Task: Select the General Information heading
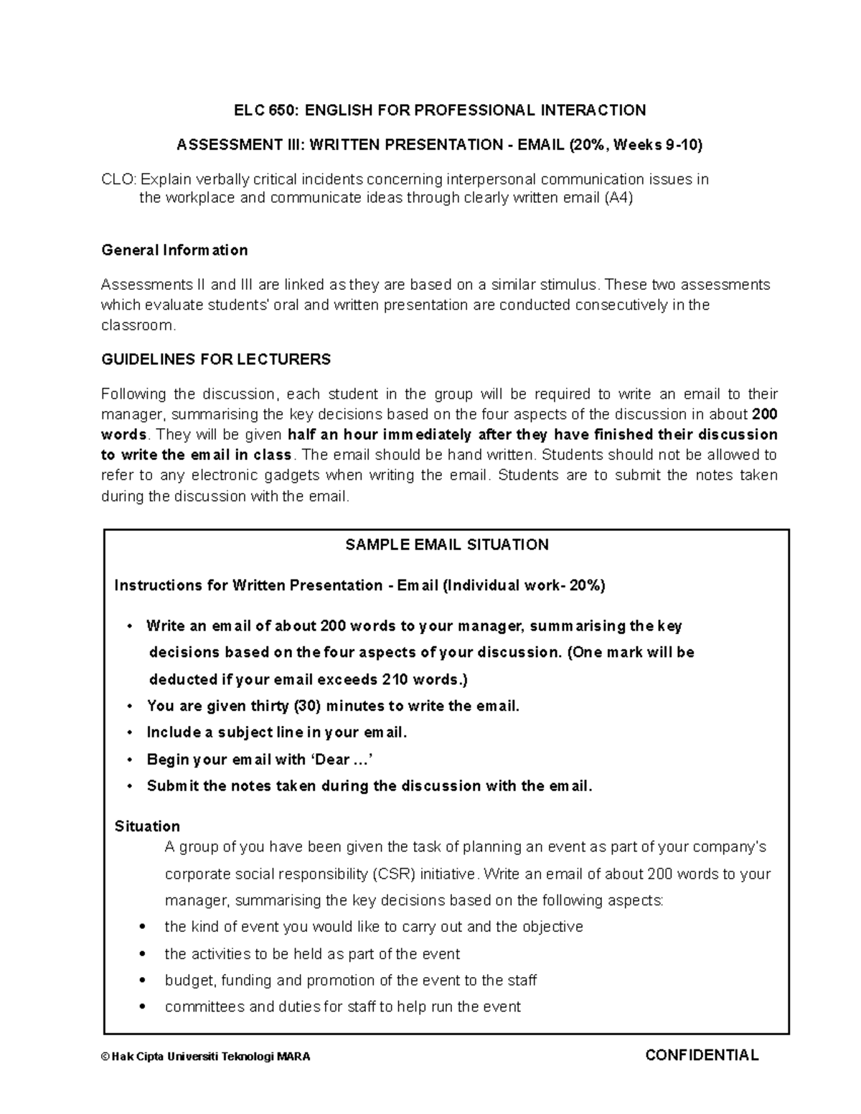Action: pos(174,250)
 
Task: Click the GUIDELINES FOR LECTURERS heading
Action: pos(216,359)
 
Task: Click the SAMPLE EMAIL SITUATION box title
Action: pos(446,544)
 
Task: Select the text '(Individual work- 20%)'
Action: pos(524,585)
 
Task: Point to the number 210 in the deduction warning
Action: pos(396,679)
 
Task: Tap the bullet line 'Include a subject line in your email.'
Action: pos(276,732)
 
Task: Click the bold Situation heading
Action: pos(147,826)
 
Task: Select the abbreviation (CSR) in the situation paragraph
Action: pos(393,874)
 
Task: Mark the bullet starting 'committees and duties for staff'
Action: pos(342,1007)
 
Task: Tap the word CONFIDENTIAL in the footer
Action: pos(702,1055)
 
